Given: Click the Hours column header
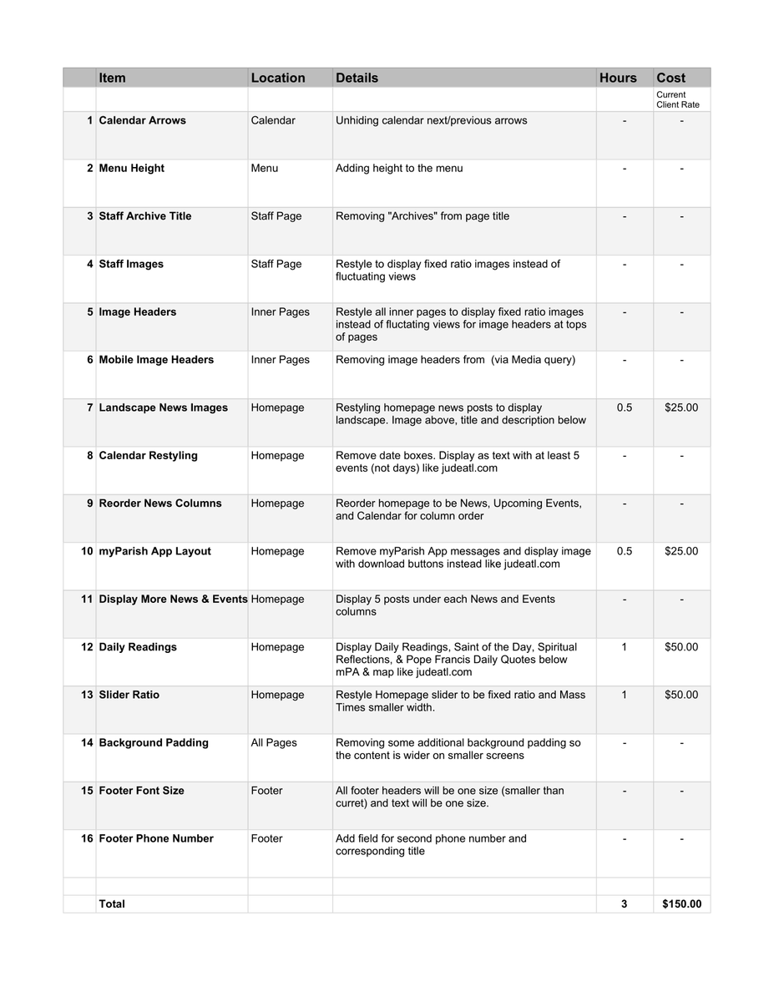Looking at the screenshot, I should [618, 78].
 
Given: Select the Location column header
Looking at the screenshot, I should [278, 78].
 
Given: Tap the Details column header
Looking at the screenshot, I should [357, 78].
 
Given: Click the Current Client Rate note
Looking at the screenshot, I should [677, 99].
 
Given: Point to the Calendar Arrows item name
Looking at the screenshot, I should [142, 120].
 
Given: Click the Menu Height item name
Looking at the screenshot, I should [131, 168].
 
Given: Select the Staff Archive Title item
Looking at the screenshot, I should [144, 216].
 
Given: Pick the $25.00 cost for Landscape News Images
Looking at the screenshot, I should [681, 407].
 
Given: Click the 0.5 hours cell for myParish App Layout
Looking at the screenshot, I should [625, 551].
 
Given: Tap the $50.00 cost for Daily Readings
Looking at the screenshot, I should [681, 647].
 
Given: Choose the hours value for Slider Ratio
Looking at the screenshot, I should [625, 695].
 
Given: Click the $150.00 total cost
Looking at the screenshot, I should [681, 903].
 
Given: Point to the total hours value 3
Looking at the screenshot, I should [625, 903].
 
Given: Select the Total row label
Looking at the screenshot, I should [112, 903].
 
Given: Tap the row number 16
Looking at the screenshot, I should [87, 838].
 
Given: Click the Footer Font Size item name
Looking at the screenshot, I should [141, 791].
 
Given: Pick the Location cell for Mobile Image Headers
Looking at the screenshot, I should [280, 360].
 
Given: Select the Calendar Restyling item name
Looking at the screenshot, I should [148, 456].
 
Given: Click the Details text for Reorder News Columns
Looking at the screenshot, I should [458, 509].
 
